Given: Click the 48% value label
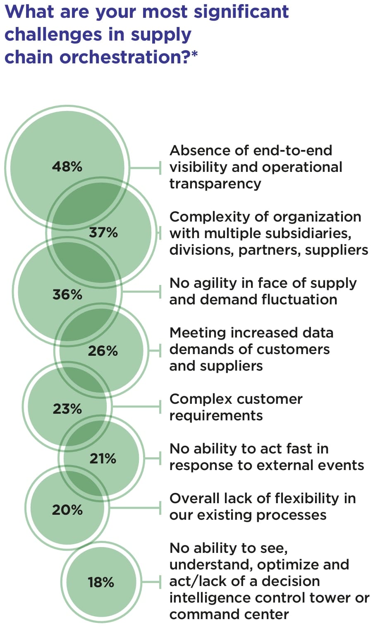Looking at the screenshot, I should click(67, 166).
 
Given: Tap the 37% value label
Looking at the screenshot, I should click(103, 232).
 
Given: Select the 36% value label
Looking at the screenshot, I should click(67, 294).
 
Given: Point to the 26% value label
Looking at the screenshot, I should click(103, 351).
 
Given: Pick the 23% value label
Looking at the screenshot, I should click(67, 409).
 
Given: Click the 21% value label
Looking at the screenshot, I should click(103, 458).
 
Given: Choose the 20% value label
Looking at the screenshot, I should click(67, 509).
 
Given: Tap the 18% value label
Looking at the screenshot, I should click(101, 582).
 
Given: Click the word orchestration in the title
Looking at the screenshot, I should click(124, 57).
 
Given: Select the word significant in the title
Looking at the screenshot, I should click(241, 12).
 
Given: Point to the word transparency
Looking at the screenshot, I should click(215, 183).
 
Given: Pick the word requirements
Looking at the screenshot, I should click(216, 415).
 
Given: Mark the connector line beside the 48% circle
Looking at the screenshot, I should click(145, 168).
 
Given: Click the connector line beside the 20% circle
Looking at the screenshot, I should click(134, 507).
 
